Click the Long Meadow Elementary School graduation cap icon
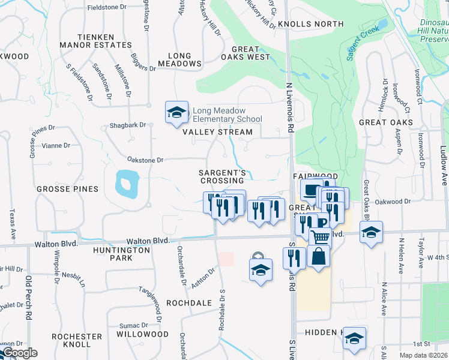coord(177,112)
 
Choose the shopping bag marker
coord(319,256)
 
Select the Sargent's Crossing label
coord(223,176)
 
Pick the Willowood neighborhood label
coord(142,334)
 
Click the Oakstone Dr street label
coord(145,160)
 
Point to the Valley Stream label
coord(217,132)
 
